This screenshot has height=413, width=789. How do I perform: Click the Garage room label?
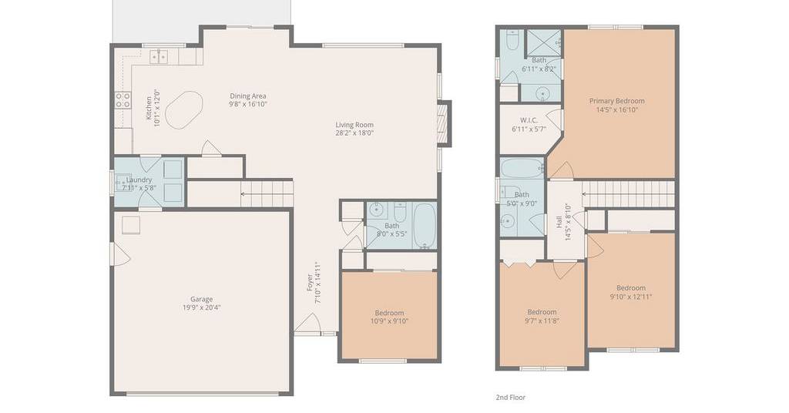(201, 299)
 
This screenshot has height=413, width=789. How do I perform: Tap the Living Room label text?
(354, 125)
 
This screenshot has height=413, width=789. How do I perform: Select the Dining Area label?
(248, 96)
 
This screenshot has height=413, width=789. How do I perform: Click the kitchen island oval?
(184, 109)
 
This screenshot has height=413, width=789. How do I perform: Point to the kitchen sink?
(159, 56)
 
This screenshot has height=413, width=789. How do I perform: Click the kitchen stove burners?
(123, 100)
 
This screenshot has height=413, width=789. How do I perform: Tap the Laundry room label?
(139, 180)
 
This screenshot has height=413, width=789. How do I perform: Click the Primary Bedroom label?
(617, 101)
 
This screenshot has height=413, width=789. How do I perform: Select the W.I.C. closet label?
(529, 120)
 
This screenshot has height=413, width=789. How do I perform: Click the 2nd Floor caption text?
(511, 398)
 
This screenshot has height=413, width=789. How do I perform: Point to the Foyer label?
(311, 284)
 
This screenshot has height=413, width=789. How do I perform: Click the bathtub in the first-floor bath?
(425, 225)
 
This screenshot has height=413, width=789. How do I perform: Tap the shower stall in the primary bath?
(543, 43)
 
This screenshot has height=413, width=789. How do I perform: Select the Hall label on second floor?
(559, 222)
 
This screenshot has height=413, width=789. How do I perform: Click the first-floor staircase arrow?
(267, 193)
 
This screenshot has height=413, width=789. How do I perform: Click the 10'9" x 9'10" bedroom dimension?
(389, 321)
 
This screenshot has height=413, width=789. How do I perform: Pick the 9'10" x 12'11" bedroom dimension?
(631, 297)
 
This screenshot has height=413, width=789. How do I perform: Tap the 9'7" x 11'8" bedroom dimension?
(542, 320)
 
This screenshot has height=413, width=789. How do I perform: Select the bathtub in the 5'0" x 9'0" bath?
(522, 168)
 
